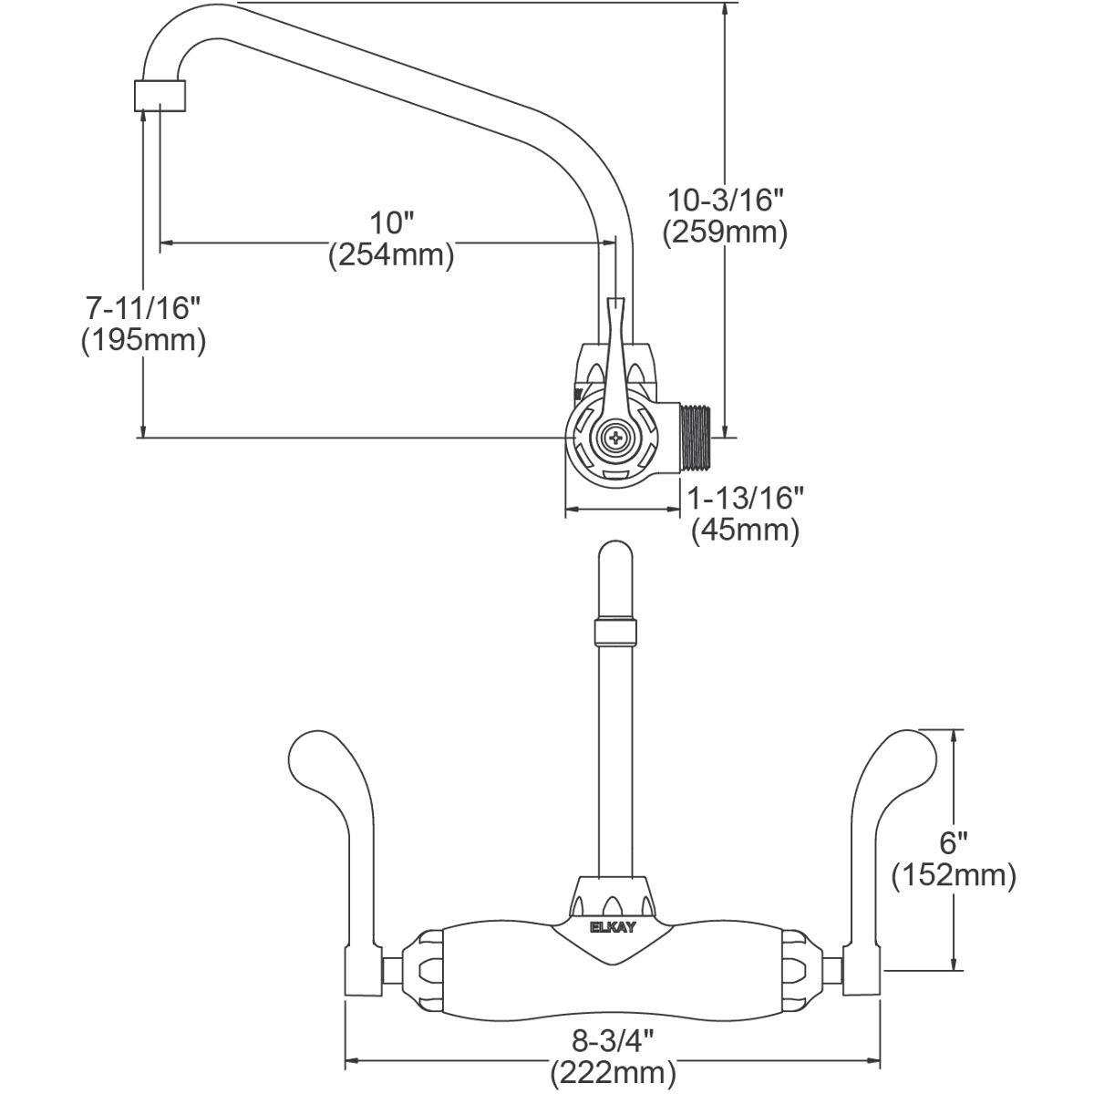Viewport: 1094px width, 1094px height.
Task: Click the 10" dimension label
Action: point(391,222)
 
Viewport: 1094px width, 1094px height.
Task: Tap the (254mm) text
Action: point(391,254)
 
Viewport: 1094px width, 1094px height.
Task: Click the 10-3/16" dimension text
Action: point(725,199)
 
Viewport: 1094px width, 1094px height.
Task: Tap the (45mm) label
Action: point(745,530)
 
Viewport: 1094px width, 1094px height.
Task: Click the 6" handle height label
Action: point(955,841)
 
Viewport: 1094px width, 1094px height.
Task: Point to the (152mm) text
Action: point(955,875)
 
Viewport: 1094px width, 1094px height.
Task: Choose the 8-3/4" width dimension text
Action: point(612,1038)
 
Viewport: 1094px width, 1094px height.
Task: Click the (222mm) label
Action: point(612,1072)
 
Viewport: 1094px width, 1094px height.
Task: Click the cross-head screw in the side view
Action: point(616,437)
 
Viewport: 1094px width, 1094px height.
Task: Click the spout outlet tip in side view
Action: point(162,95)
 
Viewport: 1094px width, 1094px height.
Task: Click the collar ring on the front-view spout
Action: point(613,632)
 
